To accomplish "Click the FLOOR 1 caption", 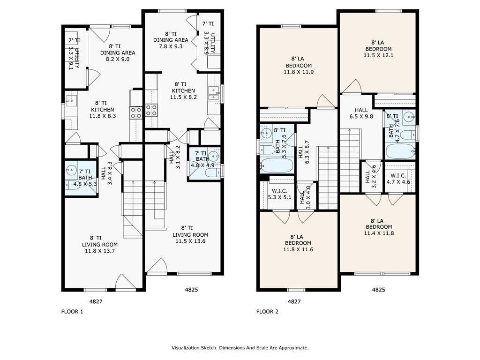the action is pos(72,312).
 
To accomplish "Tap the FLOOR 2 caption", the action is pos(267,312).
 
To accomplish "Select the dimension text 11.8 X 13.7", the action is pos(100,251).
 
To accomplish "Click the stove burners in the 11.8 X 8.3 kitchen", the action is pos(136,112).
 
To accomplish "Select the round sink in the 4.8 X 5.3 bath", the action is pos(71,170).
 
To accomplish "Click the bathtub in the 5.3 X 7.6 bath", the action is pos(277,165).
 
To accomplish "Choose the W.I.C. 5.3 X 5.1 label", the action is pos(279,194).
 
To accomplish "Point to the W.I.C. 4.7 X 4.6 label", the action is pos(398,179).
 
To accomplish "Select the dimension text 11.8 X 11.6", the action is pos(298,249).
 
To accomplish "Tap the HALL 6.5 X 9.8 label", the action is pos(361,113).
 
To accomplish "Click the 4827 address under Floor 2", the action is pos(294,301).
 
